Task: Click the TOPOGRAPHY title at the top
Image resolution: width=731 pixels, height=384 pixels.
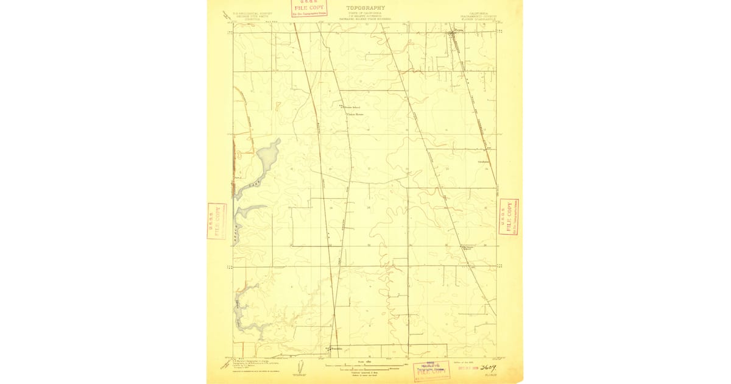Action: pyautogui.click(x=365, y=9)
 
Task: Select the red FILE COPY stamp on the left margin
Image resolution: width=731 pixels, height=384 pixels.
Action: pyautogui.click(x=217, y=221)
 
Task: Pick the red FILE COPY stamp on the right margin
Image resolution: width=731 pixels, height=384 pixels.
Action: pyautogui.click(x=509, y=216)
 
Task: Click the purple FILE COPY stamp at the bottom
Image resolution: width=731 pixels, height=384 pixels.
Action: pyautogui.click(x=432, y=370)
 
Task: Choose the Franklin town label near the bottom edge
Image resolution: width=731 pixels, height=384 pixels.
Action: pyautogui.click(x=337, y=349)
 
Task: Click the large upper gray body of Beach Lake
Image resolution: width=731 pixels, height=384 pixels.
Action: pyautogui.click(x=267, y=157)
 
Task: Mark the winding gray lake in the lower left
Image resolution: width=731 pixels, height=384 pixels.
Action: pyautogui.click(x=247, y=317)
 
